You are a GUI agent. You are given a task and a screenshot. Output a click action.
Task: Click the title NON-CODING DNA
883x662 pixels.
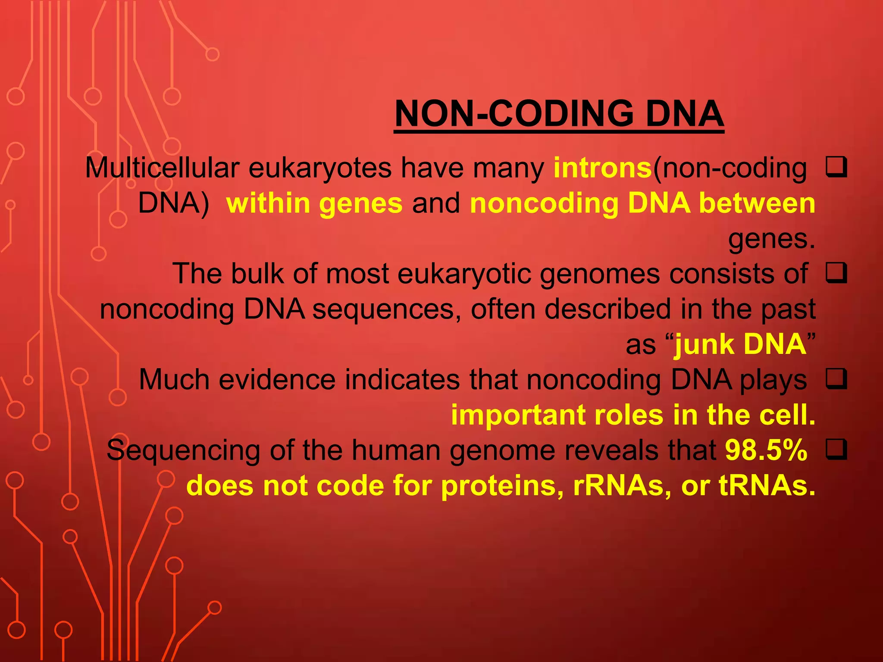tap(559, 114)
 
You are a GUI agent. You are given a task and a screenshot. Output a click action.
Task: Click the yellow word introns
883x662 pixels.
tap(602, 168)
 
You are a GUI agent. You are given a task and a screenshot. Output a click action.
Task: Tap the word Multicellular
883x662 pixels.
tap(162, 168)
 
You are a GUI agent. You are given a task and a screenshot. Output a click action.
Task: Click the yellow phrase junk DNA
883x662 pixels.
tap(740, 344)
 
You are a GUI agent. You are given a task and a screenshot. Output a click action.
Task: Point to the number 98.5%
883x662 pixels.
tap(766, 450)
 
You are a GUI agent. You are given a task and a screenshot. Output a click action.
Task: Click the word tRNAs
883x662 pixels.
tap(767, 486)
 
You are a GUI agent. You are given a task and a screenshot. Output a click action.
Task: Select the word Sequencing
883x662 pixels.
tap(183, 450)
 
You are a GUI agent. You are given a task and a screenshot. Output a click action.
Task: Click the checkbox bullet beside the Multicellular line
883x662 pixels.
tap(836, 168)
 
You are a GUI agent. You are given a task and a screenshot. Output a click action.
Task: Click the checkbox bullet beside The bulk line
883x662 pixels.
tap(836, 273)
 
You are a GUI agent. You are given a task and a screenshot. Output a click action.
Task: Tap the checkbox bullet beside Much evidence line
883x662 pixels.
tap(836, 379)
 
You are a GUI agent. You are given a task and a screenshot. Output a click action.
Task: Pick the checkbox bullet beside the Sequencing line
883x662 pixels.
tap(836, 450)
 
